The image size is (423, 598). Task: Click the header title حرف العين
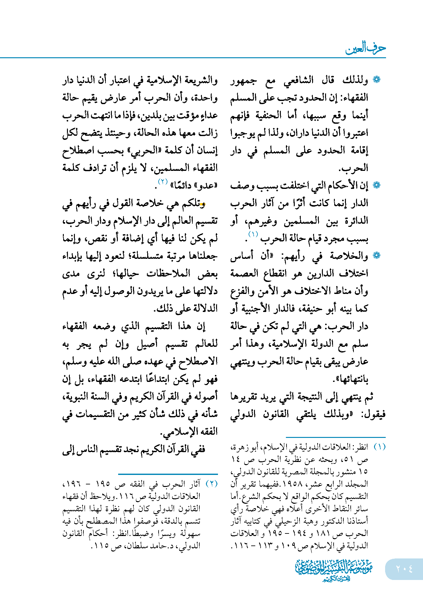(366, 49)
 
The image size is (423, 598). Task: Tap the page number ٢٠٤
(404, 569)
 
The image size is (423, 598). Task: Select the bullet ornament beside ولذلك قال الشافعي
(377, 80)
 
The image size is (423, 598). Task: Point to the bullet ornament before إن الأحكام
(377, 185)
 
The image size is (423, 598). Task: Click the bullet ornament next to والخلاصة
(377, 256)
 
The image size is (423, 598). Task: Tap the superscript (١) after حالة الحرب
(253, 234)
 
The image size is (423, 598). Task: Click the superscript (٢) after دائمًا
(162, 182)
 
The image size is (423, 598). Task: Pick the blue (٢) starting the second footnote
(212, 484)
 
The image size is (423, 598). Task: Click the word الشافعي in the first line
(298, 80)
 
